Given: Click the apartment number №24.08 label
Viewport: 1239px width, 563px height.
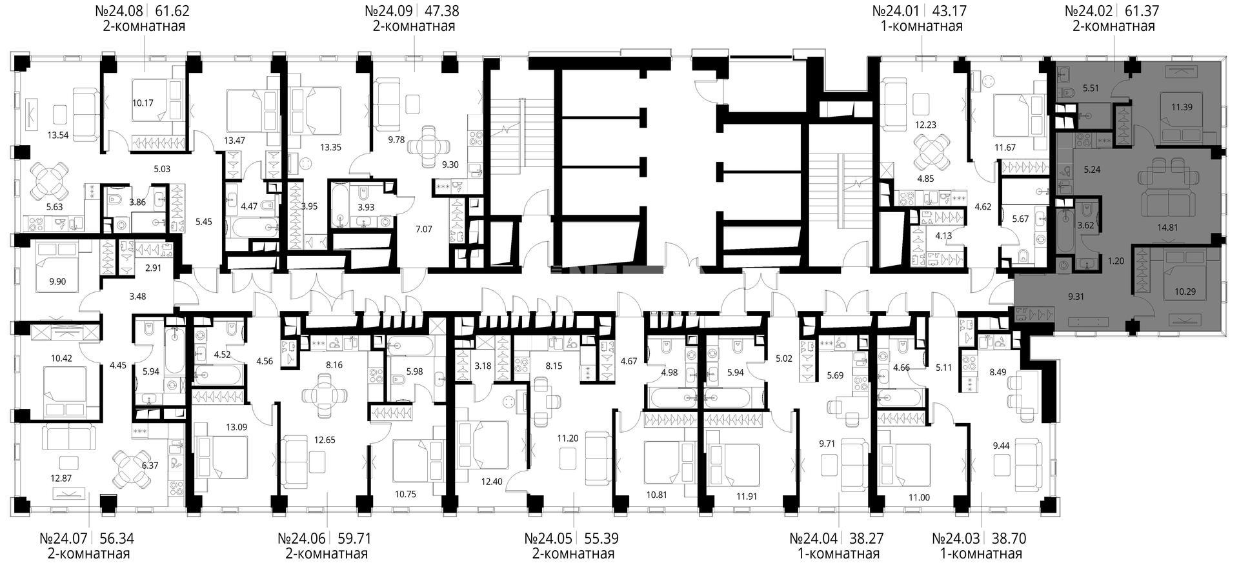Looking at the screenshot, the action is [x=118, y=11].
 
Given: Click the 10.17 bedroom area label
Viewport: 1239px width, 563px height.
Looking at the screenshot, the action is [x=143, y=101].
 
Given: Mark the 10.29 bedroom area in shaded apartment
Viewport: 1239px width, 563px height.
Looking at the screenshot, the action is [x=1185, y=291].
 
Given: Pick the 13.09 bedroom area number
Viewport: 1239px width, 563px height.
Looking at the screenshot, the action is [x=236, y=426].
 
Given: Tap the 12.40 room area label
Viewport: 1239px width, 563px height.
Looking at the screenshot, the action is [x=491, y=481].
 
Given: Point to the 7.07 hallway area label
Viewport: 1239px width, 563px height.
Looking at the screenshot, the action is [x=425, y=228].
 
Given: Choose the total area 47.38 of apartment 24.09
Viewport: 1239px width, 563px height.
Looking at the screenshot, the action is [x=442, y=11].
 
